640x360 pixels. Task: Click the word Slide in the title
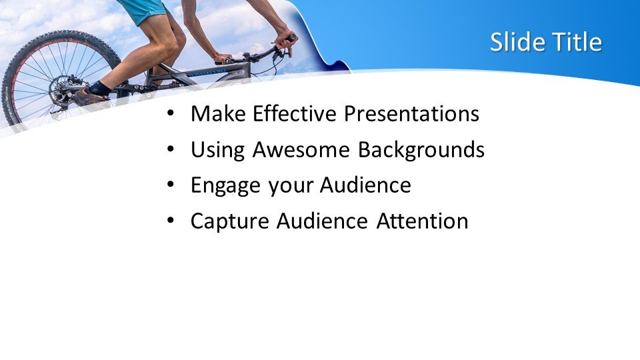tap(517, 42)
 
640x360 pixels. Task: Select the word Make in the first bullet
tap(219, 113)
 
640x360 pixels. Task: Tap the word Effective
tap(295, 113)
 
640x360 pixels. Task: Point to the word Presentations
tap(411, 114)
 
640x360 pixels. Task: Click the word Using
tap(217, 150)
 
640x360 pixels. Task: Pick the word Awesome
tap(301, 149)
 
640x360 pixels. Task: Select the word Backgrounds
tap(421, 150)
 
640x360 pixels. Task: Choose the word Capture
tap(230, 221)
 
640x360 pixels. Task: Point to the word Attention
tap(422, 221)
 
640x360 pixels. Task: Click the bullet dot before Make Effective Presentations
tap(170, 113)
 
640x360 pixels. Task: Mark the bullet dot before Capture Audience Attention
tap(170, 221)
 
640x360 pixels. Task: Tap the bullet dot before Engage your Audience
tap(170, 185)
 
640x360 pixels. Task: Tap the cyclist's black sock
tap(99, 88)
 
